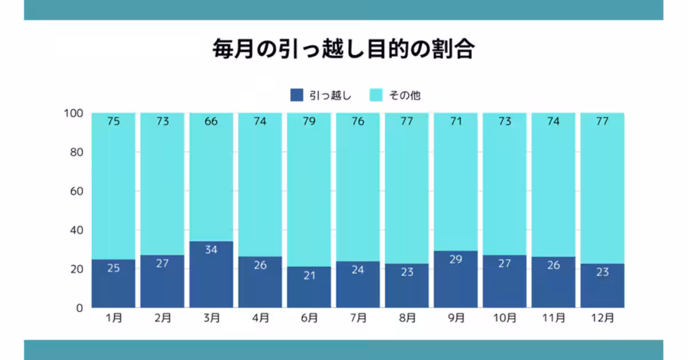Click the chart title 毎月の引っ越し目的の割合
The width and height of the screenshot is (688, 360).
pyautogui.click(x=343, y=50)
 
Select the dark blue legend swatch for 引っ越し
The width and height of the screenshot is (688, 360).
pyautogui.click(x=296, y=95)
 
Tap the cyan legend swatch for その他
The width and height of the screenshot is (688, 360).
pyautogui.click(x=376, y=95)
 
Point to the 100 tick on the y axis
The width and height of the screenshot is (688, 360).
pyautogui.click(x=75, y=114)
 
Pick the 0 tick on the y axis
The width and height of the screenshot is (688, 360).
pyautogui.click(x=80, y=308)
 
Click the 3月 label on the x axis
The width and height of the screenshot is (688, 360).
pyautogui.click(x=212, y=318)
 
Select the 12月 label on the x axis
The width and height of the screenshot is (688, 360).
pyautogui.click(x=602, y=318)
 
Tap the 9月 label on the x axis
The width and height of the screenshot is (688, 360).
pyautogui.click(x=456, y=318)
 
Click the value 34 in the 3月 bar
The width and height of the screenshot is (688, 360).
pyautogui.click(x=212, y=250)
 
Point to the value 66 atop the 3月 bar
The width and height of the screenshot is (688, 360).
pyautogui.click(x=212, y=122)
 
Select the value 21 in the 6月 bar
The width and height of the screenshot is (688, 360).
pyautogui.click(x=309, y=275)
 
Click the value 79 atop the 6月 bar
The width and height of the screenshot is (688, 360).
pyautogui.click(x=309, y=122)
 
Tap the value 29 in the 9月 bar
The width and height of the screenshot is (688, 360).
pyautogui.click(x=456, y=259)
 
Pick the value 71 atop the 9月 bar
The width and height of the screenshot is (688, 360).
pyautogui.click(x=456, y=122)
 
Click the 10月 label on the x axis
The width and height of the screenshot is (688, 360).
pyautogui.click(x=505, y=318)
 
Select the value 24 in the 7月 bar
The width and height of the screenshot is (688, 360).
pyautogui.click(x=358, y=269)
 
